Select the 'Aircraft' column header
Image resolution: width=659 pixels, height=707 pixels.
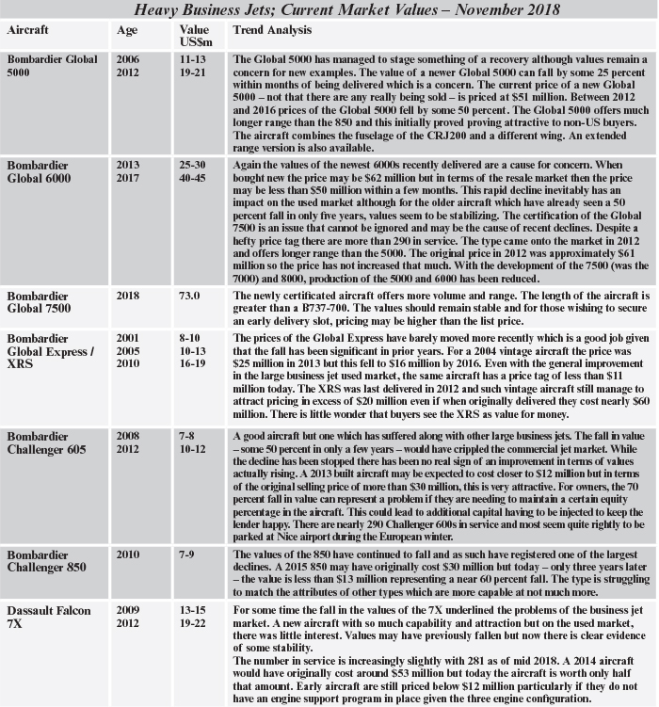27,30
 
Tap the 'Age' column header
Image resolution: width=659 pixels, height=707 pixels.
126,30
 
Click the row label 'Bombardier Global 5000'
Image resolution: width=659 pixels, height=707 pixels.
51,67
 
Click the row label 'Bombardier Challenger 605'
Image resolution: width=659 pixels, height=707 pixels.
46,443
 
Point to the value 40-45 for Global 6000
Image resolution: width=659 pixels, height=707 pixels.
194,177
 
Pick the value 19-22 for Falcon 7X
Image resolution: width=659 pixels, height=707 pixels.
194,623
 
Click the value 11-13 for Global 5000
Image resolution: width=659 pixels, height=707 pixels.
194,60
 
